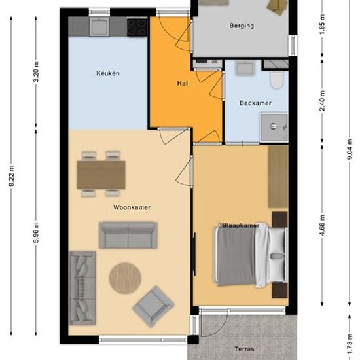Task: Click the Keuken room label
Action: (108, 73)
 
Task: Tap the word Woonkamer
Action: (132, 207)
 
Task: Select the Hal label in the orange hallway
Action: (183, 83)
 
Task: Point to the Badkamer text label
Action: (255, 103)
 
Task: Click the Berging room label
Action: (242, 26)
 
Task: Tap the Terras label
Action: (244, 350)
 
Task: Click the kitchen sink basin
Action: (99, 27)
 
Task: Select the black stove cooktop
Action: (137, 27)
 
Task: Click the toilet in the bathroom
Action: (276, 80)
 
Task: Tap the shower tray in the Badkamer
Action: (274, 127)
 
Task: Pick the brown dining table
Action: (101, 175)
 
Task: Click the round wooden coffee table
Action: (125, 278)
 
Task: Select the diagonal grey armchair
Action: (153, 306)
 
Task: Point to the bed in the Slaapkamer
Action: (251, 255)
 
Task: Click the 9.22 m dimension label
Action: (12, 175)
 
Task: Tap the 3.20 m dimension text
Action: (36, 71)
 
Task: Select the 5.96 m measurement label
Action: (36, 232)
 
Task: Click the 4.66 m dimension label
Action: (322, 225)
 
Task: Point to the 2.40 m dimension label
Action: (322, 101)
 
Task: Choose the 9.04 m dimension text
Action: (350, 149)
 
